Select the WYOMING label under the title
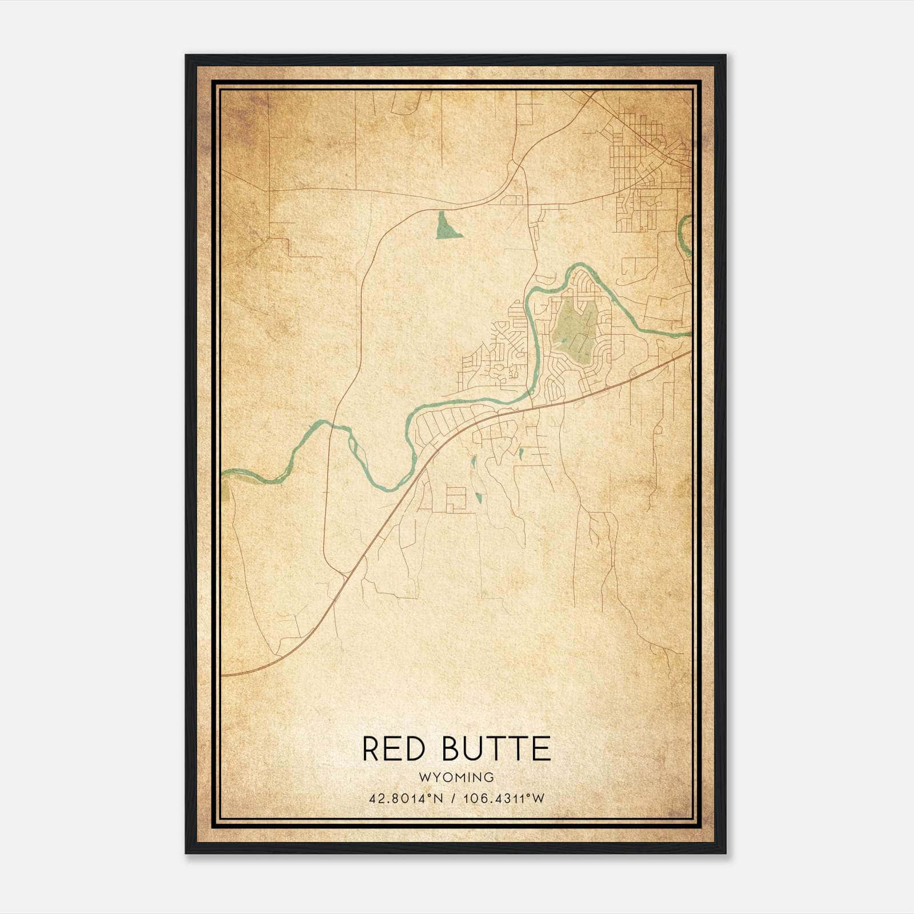point(456,777)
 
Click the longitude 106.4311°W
point(503,798)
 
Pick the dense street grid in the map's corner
point(648,166)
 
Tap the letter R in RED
point(371,749)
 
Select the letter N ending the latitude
point(439,798)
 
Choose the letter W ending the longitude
point(538,798)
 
